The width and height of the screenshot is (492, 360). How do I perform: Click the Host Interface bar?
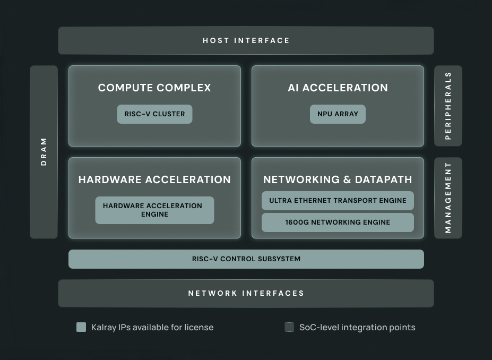coord(246,40)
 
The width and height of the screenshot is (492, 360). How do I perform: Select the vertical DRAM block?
coord(44,152)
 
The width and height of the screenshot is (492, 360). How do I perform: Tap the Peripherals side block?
coord(448,106)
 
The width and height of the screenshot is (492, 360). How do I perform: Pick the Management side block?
coord(448,198)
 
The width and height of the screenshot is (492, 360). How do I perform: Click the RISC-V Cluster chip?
coord(154,114)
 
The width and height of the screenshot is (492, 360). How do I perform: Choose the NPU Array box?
coord(338,114)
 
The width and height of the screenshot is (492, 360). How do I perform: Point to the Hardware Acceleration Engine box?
coord(154,210)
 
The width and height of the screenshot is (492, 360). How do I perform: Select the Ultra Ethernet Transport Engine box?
coord(338,201)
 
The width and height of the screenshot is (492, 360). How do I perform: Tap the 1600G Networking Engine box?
coord(338,222)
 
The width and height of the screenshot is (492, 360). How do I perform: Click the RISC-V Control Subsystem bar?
coord(246,259)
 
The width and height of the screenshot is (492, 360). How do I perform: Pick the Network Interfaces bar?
coord(246,293)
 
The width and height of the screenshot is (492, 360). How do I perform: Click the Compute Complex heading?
coord(154,88)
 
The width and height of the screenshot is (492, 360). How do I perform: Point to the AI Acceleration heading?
coord(338,88)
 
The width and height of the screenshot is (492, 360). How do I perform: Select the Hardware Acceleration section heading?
coord(154,179)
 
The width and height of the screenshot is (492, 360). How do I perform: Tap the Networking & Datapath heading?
coord(338,179)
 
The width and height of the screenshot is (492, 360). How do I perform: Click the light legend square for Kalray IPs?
coord(81,327)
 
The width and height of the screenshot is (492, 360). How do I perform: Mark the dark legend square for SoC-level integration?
coord(289,327)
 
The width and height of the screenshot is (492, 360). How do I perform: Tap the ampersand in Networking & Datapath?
coord(347,179)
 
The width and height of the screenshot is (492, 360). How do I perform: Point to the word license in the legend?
coord(198,327)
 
